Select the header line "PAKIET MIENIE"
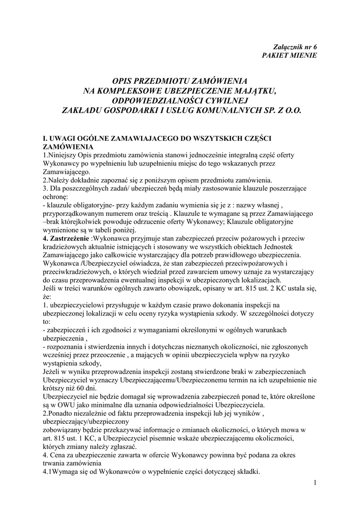click(x=289, y=55)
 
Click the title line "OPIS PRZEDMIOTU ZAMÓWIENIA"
click(x=180, y=80)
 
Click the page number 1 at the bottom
click(x=315, y=482)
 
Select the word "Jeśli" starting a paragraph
click(x=52, y=288)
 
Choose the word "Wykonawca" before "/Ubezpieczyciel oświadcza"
click(x=62, y=263)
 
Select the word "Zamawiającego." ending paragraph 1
click(x=67, y=171)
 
